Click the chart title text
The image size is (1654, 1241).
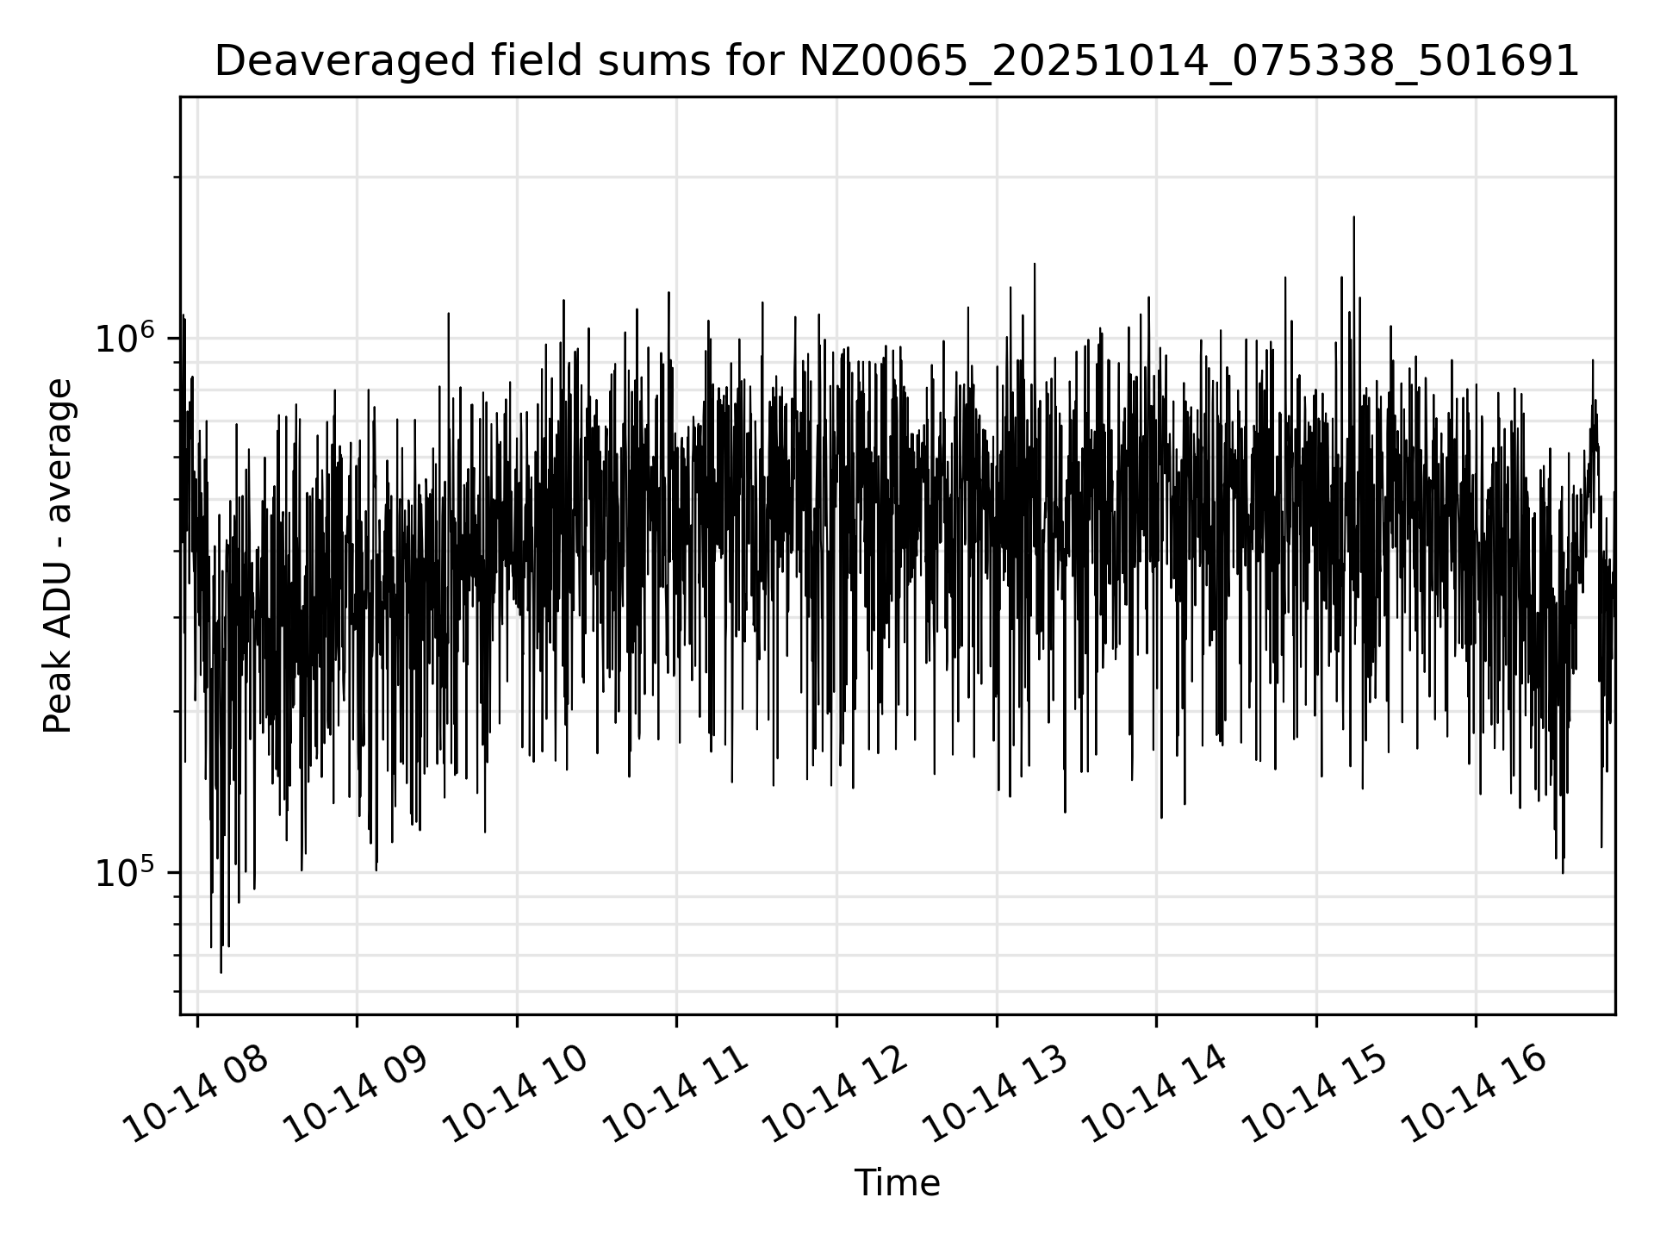pyautogui.click(x=896, y=62)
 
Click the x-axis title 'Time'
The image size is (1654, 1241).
pyautogui.click(x=896, y=1183)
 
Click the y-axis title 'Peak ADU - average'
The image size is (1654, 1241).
pyautogui.click(x=59, y=556)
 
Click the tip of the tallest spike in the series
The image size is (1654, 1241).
pyautogui.click(x=1353, y=217)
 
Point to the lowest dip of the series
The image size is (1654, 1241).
pyautogui.click(x=221, y=972)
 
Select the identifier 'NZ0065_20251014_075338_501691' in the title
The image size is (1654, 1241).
pyautogui.click(x=1189, y=62)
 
